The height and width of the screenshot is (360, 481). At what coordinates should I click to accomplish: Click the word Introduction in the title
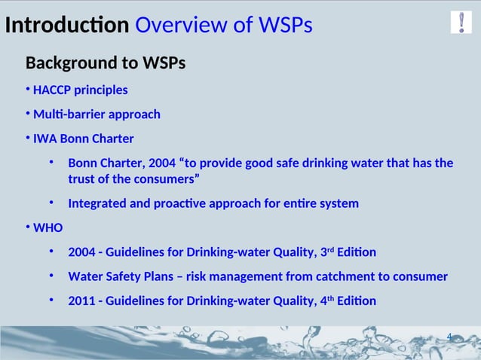click(66, 26)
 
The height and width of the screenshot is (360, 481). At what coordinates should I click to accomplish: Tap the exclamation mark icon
click(461, 23)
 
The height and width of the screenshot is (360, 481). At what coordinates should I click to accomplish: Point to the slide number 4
click(449, 337)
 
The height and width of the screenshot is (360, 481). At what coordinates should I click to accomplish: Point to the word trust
click(84, 179)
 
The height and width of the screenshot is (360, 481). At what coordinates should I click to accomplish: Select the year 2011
click(82, 301)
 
